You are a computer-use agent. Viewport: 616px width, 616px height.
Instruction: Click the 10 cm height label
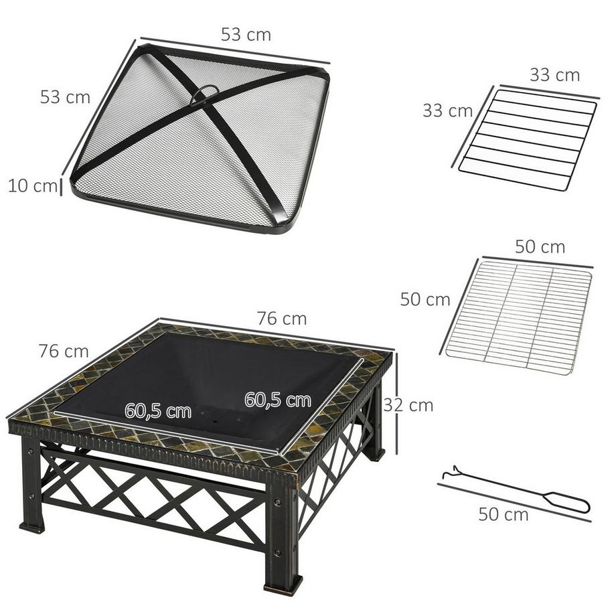pyautogui.click(x=32, y=186)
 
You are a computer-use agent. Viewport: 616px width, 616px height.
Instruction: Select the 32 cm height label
pyautogui.click(x=408, y=405)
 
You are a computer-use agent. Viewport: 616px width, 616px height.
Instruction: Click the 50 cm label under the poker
pyautogui.click(x=503, y=514)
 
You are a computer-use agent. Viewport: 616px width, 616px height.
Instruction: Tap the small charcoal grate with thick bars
pyautogui.click(x=528, y=139)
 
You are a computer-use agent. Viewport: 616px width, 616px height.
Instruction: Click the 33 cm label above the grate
pyautogui.click(x=554, y=75)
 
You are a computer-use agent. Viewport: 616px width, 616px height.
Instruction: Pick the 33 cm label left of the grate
pyautogui.click(x=447, y=110)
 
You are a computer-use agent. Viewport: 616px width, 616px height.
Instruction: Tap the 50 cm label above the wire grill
pyautogui.click(x=540, y=246)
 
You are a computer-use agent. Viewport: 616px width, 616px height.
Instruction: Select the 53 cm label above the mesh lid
pyautogui.click(x=246, y=35)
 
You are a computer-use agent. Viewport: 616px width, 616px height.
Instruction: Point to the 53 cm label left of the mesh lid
pyautogui.click(x=65, y=96)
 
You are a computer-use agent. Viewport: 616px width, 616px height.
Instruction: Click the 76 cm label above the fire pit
pyautogui.click(x=281, y=319)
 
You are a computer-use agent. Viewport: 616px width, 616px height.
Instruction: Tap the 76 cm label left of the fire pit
pyautogui.click(x=63, y=350)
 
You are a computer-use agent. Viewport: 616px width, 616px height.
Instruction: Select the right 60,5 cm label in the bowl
pyautogui.click(x=277, y=400)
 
